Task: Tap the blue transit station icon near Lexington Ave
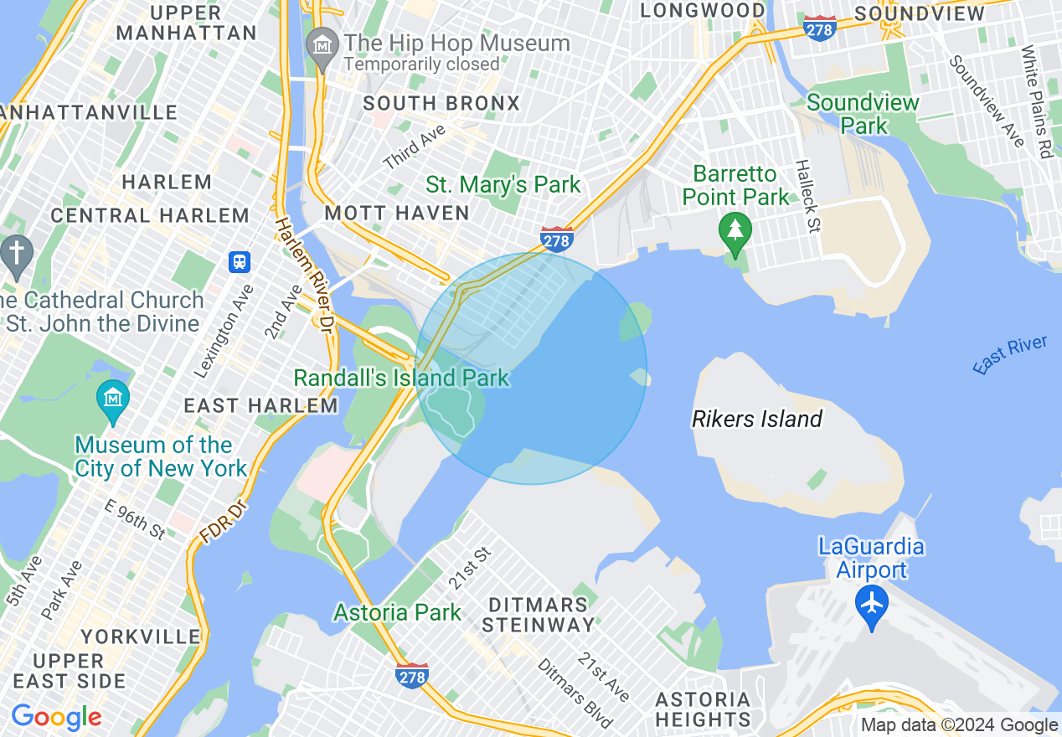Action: pyautogui.click(x=240, y=262)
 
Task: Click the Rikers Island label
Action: pyautogui.click(x=757, y=419)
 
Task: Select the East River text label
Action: pyautogui.click(x=1010, y=354)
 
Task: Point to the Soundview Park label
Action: pyautogui.click(x=864, y=114)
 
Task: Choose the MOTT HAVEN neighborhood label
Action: pyautogui.click(x=396, y=213)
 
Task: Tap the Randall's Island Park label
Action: pyautogui.click(x=401, y=378)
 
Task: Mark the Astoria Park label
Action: pyautogui.click(x=397, y=612)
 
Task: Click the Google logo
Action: pyautogui.click(x=56, y=717)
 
